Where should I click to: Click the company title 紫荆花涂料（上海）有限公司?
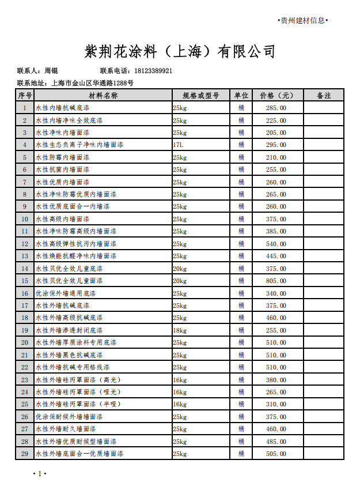[180, 52]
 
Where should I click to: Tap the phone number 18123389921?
[153, 71]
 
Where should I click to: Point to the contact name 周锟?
[51, 71]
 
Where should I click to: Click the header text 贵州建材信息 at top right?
[302, 21]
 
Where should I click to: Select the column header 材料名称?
[103, 96]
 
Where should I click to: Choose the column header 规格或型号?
[201, 96]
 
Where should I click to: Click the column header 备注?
[324, 96]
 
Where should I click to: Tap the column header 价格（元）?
[276, 96]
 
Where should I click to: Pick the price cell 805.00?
[276, 281]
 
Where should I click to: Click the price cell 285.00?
[276, 108]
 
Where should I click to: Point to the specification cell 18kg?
[180, 330]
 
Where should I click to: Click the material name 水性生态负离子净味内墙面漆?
[79, 145]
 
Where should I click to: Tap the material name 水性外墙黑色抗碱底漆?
[69, 355]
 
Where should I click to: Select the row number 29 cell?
[25, 454]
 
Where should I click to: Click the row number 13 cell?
[25, 256]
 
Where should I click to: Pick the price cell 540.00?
[276, 244]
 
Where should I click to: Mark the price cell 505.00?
[276, 454]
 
